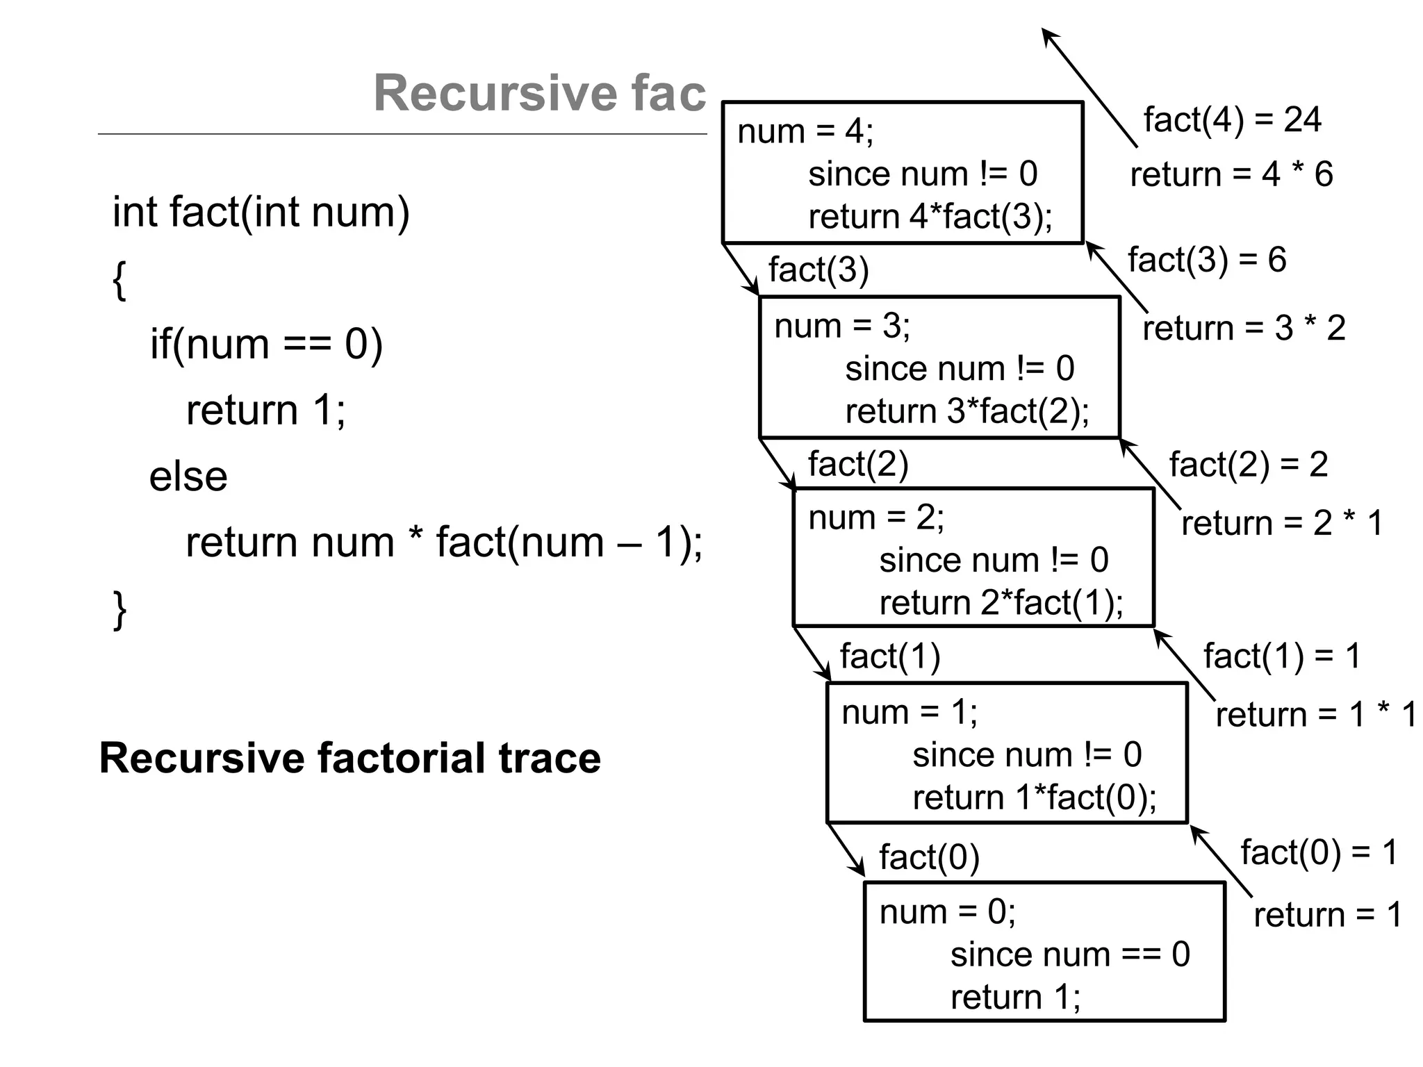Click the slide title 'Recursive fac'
click(x=539, y=93)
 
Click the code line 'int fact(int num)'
click(x=261, y=212)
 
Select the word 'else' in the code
click(x=188, y=477)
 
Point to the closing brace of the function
click(x=120, y=609)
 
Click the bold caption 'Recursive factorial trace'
click(x=349, y=758)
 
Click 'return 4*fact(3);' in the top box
click(x=930, y=217)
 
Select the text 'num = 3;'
click(x=841, y=326)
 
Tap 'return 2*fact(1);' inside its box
click(x=1001, y=602)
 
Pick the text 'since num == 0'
click(x=1069, y=954)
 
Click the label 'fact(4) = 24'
click(x=1232, y=119)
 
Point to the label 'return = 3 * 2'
click(x=1244, y=328)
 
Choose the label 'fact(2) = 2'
click(x=1248, y=464)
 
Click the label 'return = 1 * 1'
click(x=1315, y=714)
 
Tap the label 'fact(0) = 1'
click(x=1318, y=852)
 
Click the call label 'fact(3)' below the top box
click(x=818, y=270)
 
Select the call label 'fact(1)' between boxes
click(x=889, y=656)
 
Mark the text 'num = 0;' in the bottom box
click(x=946, y=912)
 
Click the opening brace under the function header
click(x=120, y=280)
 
